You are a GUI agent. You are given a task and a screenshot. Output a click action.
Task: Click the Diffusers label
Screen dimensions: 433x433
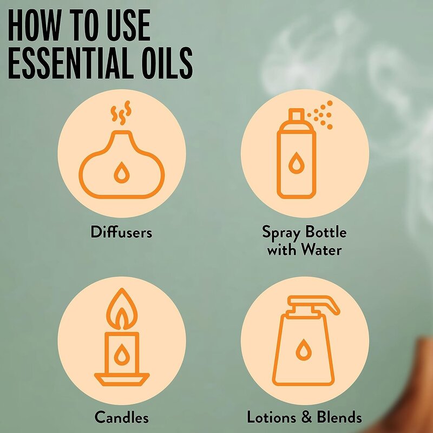tap(121, 233)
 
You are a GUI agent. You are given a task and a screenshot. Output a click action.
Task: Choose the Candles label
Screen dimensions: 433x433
tap(121, 417)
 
